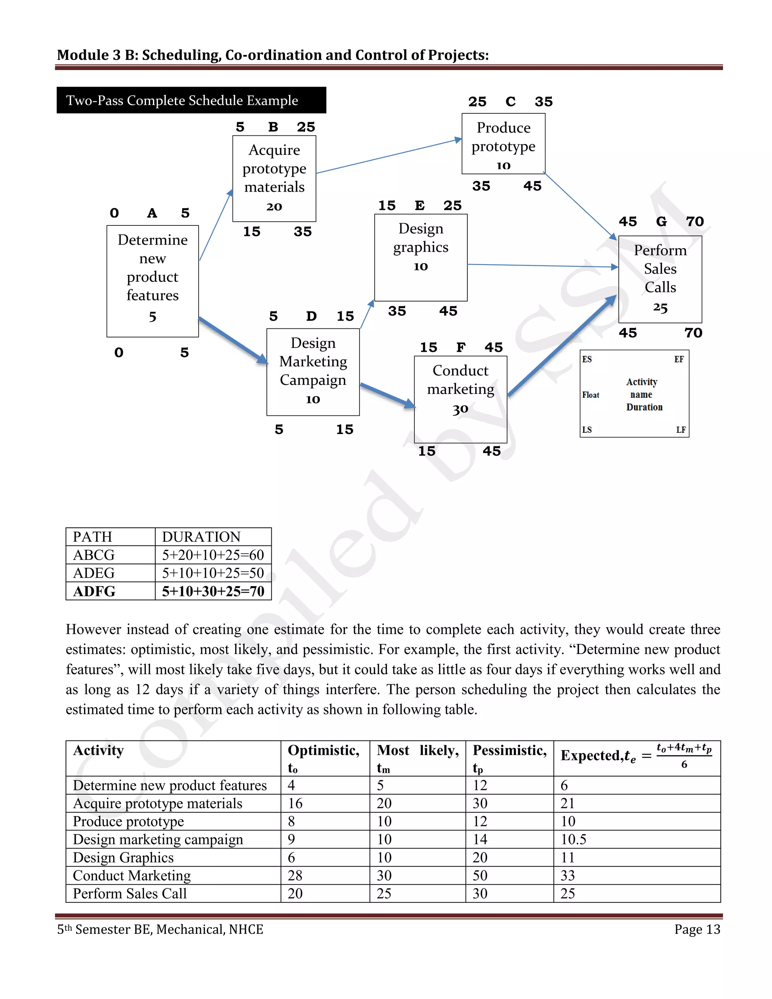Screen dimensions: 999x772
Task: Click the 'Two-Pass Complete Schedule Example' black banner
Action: point(191,100)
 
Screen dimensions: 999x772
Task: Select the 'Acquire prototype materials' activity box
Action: point(274,178)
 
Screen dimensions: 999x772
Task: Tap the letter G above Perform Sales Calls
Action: point(661,221)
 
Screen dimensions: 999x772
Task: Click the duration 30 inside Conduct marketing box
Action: point(460,409)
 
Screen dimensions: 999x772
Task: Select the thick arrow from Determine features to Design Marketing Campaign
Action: point(233,340)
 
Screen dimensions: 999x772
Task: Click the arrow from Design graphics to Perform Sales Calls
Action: point(542,265)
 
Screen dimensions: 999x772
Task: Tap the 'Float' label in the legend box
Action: point(590,395)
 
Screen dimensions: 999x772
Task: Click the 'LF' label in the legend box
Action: point(680,429)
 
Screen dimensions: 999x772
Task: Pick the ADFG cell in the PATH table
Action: point(94,591)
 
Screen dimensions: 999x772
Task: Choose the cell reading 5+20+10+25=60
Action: point(213,555)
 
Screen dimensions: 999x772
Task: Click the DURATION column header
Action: point(201,536)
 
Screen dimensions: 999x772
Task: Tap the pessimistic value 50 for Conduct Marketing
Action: point(480,875)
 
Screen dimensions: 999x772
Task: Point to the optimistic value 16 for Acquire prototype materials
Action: point(295,803)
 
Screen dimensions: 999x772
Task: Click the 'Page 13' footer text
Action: point(697,930)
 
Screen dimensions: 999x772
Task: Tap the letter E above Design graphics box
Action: point(420,205)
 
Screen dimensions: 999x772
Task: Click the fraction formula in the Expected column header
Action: point(684,755)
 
